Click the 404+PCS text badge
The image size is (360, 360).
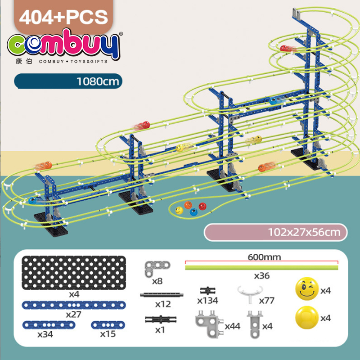63,17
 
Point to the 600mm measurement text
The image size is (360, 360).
264,257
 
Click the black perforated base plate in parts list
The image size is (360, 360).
74,273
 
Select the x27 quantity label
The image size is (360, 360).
73,314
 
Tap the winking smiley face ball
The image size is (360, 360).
307,289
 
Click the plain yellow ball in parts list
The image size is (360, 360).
307,318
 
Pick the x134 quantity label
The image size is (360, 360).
207,300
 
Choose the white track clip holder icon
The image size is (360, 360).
250,294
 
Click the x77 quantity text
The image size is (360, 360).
267,300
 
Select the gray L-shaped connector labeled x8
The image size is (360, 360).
157,269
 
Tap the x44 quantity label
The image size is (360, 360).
232,326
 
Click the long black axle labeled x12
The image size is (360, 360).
162,295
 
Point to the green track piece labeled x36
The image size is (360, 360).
262,267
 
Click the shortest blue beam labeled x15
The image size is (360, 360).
108,325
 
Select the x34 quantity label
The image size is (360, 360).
45,334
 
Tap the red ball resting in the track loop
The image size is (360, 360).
202,206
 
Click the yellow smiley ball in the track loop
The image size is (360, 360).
179,210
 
